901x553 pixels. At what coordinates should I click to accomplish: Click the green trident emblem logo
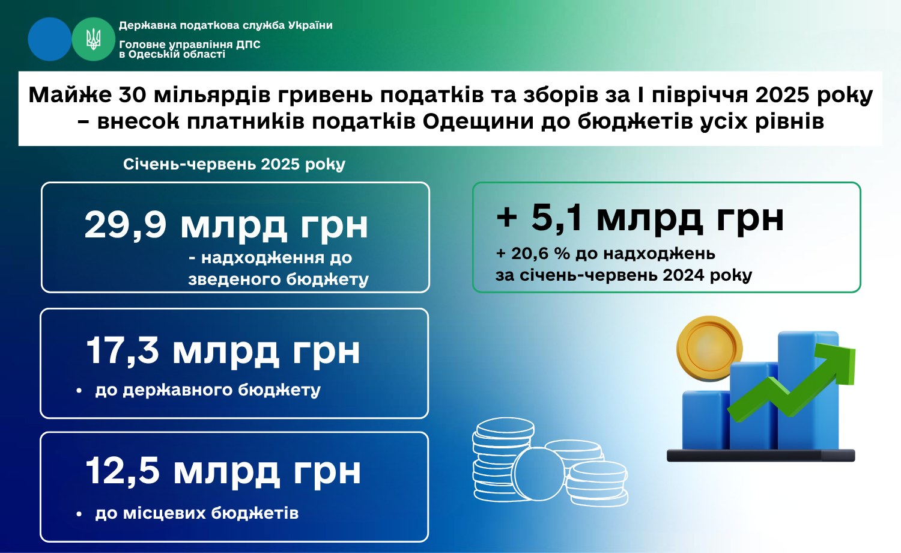[x=93, y=39]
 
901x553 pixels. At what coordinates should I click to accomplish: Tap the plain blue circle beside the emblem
[x=50, y=39]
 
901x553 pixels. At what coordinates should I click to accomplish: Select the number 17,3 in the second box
[x=123, y=351]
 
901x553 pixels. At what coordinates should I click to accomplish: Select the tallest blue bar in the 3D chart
[x=808, y=390]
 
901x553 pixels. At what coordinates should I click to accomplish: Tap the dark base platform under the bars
[x=760, y=455]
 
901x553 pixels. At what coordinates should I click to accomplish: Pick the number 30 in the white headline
[x=132, y=95]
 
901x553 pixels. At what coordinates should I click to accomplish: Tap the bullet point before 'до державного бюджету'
[x=79, y=390]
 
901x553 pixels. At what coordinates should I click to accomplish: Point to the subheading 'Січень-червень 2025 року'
[x=234, y=164]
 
